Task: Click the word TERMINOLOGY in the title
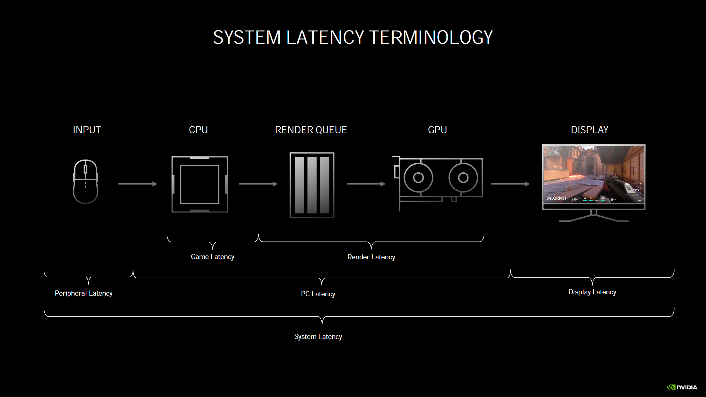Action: click(431, 37)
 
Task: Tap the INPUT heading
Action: click(87, 130)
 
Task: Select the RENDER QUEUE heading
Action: click(311, 130)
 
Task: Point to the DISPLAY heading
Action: click(589, 130)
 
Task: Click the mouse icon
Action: click(85, 182)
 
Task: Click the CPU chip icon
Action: click(199, 184)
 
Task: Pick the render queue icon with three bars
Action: click(312, 185)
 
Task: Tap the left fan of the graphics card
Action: click(418, 177)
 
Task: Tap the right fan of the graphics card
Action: click(463, 177)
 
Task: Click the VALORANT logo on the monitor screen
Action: click(556, 198)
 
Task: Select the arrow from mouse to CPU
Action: click(138, 184)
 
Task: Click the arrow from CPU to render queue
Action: click(258, 184)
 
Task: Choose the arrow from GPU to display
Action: click(510, 184)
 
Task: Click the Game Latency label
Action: click(213, 257)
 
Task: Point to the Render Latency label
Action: click(371, 257)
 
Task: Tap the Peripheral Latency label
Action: click(83, 293)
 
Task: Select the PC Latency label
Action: click(318, 294)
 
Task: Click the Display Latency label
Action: click(592, 292)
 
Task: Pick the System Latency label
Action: click(318, 337)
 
